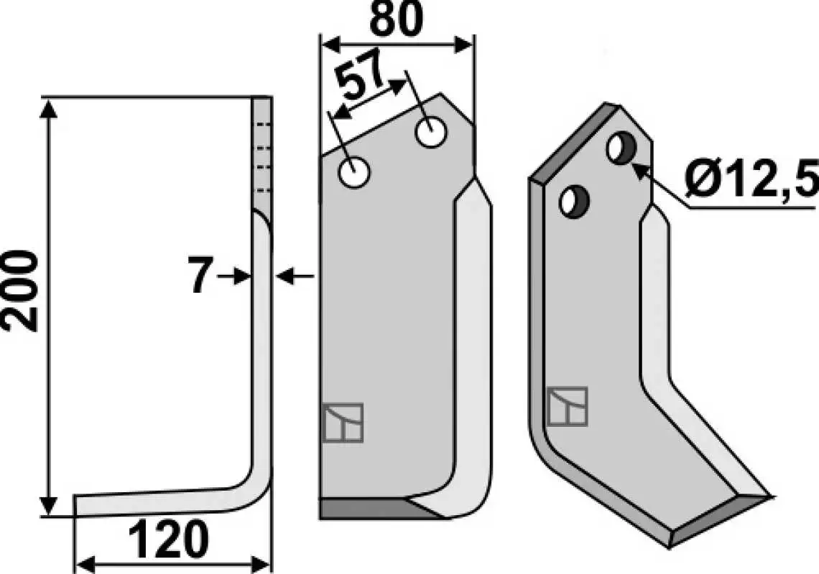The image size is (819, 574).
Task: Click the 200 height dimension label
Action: coord(21,291)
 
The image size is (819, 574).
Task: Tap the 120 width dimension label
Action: coord(169,540)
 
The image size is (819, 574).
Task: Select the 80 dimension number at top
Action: coord(396,20)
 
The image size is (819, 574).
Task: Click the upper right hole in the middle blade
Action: coord(431,132)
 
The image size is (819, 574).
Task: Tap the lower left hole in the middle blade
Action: coord(354,173)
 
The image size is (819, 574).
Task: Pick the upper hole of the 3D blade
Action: coord(621,149)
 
